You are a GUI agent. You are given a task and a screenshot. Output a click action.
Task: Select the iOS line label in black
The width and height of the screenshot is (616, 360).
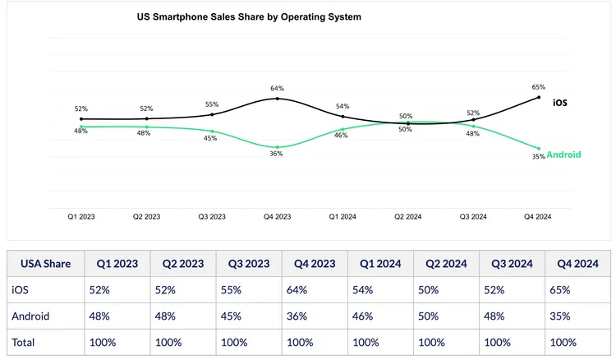click(x=559, y=103)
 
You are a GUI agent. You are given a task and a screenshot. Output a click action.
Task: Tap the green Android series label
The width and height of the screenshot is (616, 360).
click(x=563, y=155)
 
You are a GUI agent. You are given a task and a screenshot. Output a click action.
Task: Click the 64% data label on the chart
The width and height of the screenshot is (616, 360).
click(x=277, y=89)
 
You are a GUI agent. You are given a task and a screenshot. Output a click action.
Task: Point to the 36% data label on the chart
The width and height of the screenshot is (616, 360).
click(x=277, y=155)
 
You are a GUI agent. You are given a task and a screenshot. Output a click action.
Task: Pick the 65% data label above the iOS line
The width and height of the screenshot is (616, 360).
click(x=538, y=86)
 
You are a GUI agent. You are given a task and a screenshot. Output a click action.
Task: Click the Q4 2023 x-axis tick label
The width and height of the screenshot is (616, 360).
click(x=278, y=217)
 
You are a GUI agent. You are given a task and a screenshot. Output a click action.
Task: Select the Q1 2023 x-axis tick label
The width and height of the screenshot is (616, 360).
click(x=81, y=217)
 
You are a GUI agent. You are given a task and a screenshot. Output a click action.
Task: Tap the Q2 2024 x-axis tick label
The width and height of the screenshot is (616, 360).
click(x=408, y=217)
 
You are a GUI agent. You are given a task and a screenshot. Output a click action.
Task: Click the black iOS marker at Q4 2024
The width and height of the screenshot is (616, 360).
click(x=539, y=97)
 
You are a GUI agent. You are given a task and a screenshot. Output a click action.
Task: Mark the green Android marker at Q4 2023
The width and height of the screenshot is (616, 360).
click(x=278, y=147)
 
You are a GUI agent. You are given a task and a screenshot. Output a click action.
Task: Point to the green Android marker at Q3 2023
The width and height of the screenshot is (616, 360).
click(x=212, y=132)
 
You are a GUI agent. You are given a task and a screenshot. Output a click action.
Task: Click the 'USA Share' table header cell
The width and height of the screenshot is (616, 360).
click(x=47, y=265)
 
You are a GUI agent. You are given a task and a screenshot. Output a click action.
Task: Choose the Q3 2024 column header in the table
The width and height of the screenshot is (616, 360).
click(x=511, y=265)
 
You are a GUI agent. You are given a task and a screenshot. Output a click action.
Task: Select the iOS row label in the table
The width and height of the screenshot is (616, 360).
click(x=21, y=289)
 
